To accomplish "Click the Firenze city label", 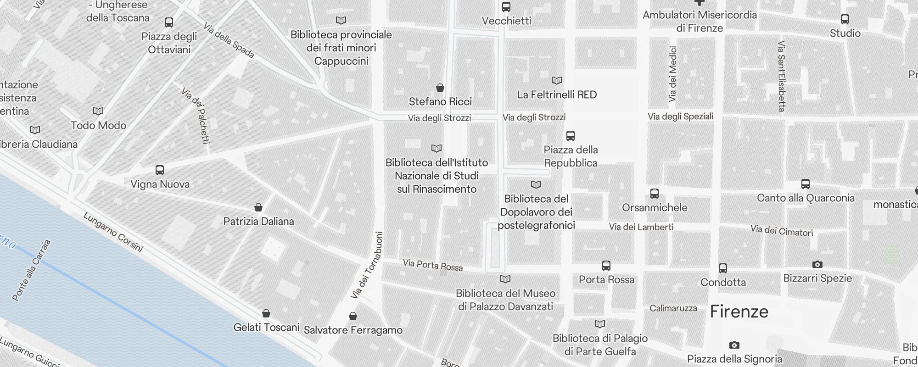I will pyautogui.click(x=739, y=312).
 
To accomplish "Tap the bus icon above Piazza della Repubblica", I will pyautogui.click(x=571, y=136).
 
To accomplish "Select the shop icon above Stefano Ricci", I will pyautogui.click(x=440, y=88).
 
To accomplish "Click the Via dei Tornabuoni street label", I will pyautogui.click(x=367, y=265).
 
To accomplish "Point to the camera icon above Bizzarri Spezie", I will pyautogui.click(x=817, y=264).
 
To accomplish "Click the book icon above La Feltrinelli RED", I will pyautogui.click(x=557, y=81).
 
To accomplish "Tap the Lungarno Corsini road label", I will pyautogui.click(x=113, y=232).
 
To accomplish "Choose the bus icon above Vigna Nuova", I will pyautogui.click(x=160, y=170).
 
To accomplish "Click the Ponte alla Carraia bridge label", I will pyautogui.click(x=31, y=271).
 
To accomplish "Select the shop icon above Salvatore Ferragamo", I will pyautogui.click(x=353, y=316).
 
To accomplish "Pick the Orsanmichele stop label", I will pyautogui.click(x=655, y=207).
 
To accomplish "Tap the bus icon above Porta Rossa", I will pyautogui.click(x=606, y=266).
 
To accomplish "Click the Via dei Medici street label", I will pyautogui.click(x=673, y=74).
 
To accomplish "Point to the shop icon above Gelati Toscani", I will pyautogui.click(x=266, y=313).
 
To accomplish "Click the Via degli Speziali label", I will pyautogui.click(x=680, y=117).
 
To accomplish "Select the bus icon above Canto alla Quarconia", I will pyautogui.click(x=806, y=184).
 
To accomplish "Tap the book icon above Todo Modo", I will pyautogui.click(x=98, y=111).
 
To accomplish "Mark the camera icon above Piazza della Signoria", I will pyautogui.click(x=734, y=345).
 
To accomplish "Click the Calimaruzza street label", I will pyautogui.click(x=673, y=308).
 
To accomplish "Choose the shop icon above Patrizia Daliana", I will pyautogui.click(x=258, y=207).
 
